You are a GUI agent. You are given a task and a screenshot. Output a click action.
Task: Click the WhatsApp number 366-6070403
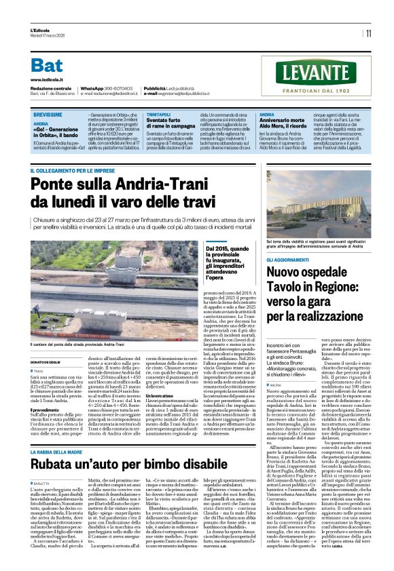(x=115, y=89)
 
